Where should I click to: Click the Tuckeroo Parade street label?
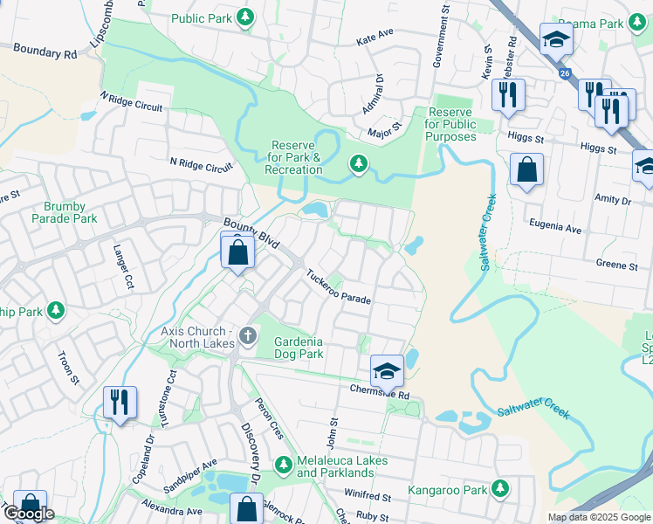point(338,287)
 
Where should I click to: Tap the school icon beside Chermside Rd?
point(386,371)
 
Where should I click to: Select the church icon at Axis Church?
point(248,334)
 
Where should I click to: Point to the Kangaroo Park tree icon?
point(499,487)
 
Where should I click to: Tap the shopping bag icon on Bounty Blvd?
point(237,253)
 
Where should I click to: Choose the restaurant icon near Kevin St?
point(508,93)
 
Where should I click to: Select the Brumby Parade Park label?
point(65,212)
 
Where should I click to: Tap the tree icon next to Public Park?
point(246,17)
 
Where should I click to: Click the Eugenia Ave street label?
point(556,228)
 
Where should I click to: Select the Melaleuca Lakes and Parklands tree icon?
point(282,463)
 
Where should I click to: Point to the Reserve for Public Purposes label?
point(450,125)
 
